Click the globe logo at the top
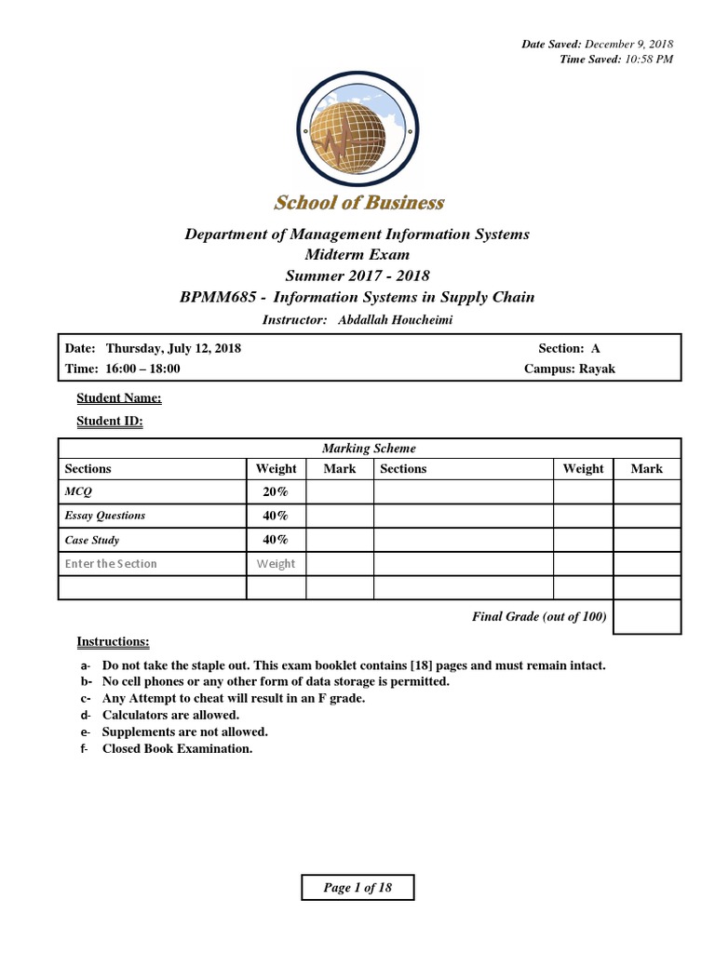358,131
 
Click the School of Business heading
358,203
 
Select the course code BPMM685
212,298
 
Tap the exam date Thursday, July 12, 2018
173,348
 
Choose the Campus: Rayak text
570,369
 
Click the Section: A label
569,348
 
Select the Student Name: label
118,398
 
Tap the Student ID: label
109,422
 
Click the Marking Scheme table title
369,449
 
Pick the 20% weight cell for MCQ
276,491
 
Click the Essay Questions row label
105,516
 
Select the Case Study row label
92,540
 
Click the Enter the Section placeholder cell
111,564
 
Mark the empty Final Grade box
646,617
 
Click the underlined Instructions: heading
113,642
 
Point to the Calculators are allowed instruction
170,715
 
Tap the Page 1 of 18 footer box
357,888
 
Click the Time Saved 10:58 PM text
615,59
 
